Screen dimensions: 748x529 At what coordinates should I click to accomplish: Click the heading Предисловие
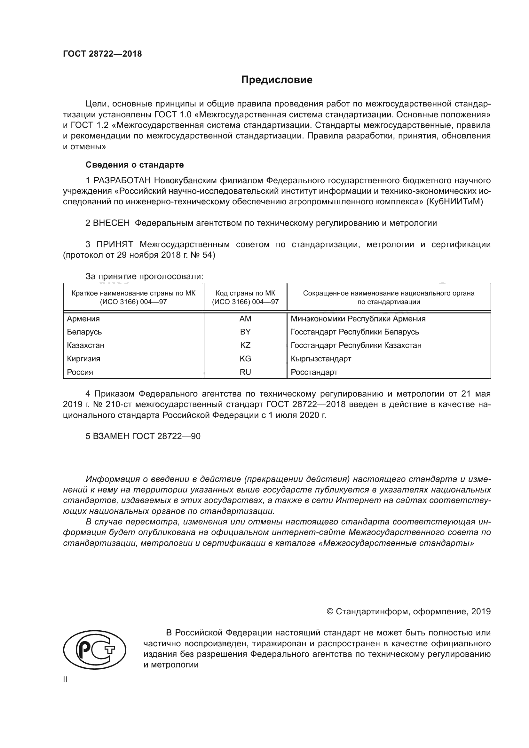click(x=277, y=80)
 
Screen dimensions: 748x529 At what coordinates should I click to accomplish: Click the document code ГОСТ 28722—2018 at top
click(x=102, y=54)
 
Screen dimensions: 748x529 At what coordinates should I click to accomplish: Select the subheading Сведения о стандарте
click(x=135, y=165)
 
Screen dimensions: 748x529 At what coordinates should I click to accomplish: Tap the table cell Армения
click(x=83, y=319)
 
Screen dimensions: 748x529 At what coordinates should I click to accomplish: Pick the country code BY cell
click(x=245, y=332)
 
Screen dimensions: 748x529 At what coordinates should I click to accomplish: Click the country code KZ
click(x=245, y=345)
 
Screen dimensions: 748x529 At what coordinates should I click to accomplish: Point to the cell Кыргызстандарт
click(x=321, y=359)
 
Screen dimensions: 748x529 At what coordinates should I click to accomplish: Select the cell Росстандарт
click(x=314, y=372)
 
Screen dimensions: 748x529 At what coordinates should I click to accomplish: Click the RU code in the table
click(x=245, y=372)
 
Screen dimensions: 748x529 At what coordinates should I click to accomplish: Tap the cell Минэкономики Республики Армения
click(x=358, y=319)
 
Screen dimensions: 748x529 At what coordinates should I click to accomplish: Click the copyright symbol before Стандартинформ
click(x=330, y=611)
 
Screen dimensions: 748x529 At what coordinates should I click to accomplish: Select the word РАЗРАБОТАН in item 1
click(x=122, y=180)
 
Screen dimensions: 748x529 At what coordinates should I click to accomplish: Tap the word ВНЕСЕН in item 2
click(x=111, y=223)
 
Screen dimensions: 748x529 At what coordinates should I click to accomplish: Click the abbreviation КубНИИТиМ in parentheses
click(x=454, y=202)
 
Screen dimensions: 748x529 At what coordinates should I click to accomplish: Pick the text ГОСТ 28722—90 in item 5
click(x=166, y=436)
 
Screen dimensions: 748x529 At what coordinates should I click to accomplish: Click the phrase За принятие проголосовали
click(x=144, y=277)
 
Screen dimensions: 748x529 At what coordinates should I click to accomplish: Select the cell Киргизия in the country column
click(x=84, y=359)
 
